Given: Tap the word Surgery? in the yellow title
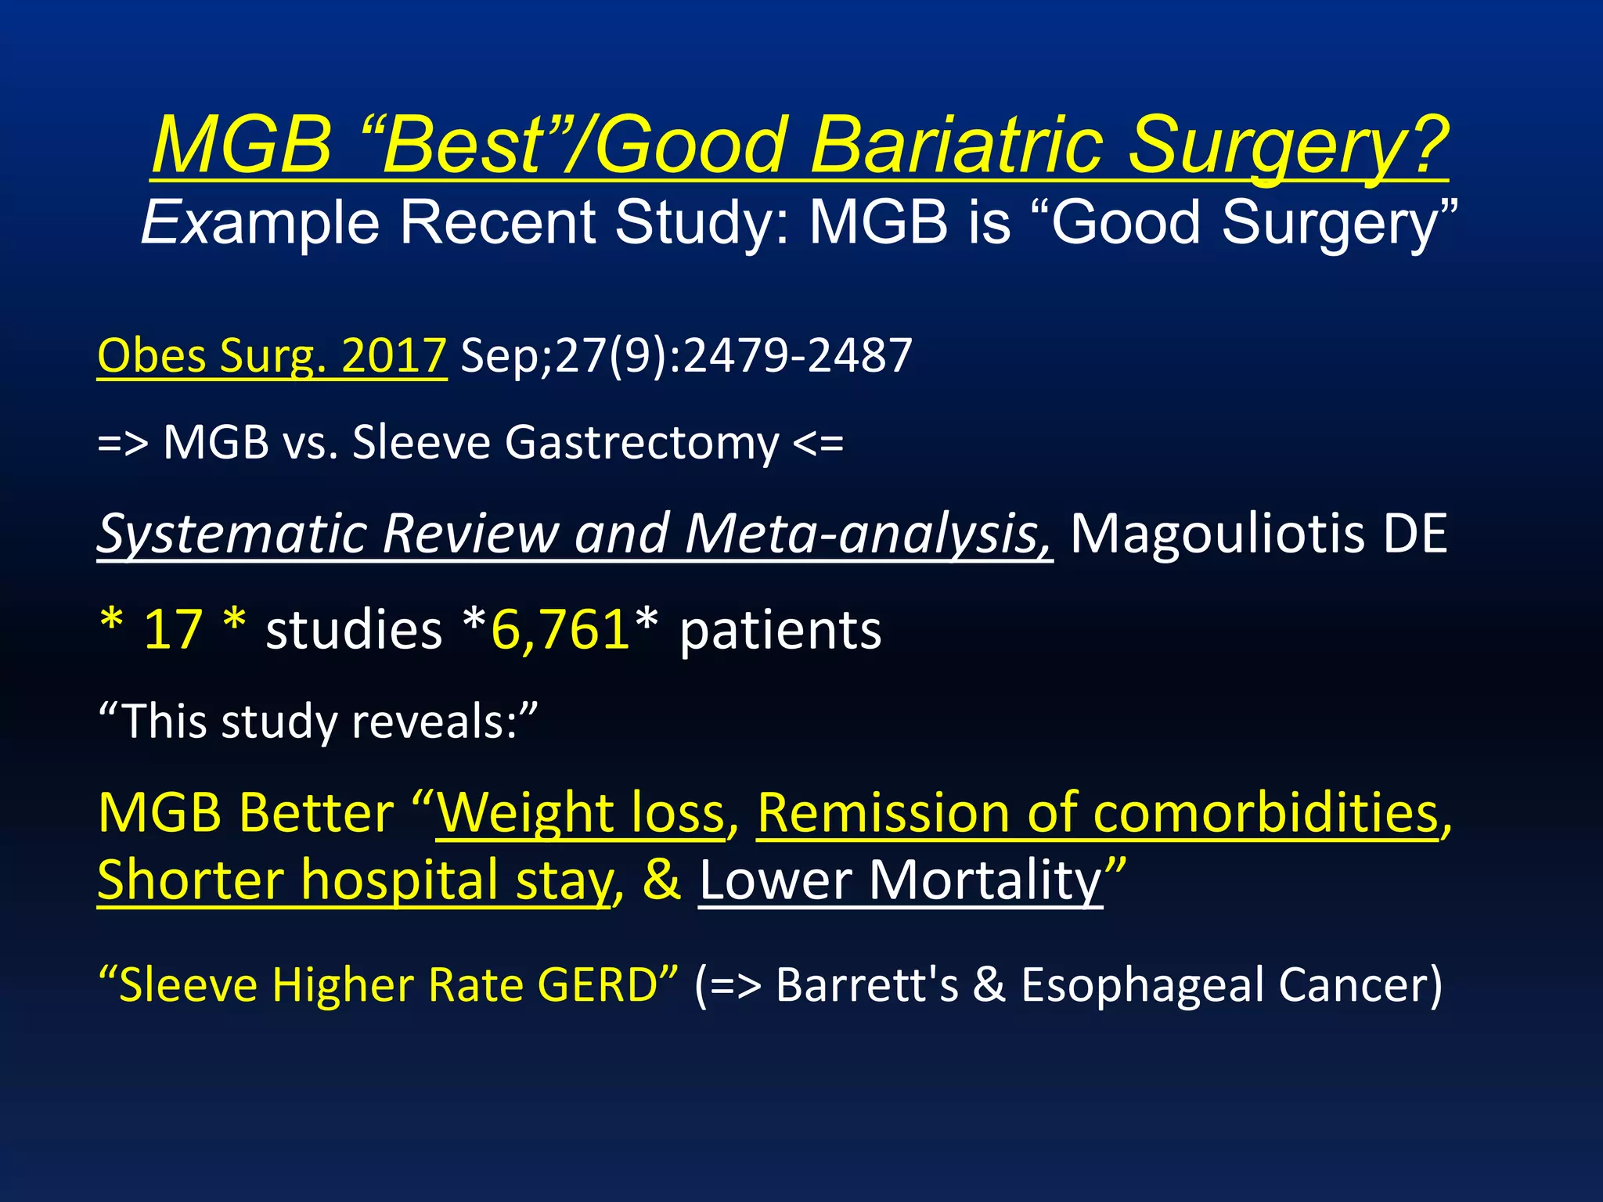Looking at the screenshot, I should point(1288,146).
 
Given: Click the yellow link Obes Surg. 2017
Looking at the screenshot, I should point(272,356).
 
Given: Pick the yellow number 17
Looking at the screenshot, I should point(173,630).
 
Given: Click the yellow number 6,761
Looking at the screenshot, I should point(560,630).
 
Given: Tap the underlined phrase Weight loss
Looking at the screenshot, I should point(581,814).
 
